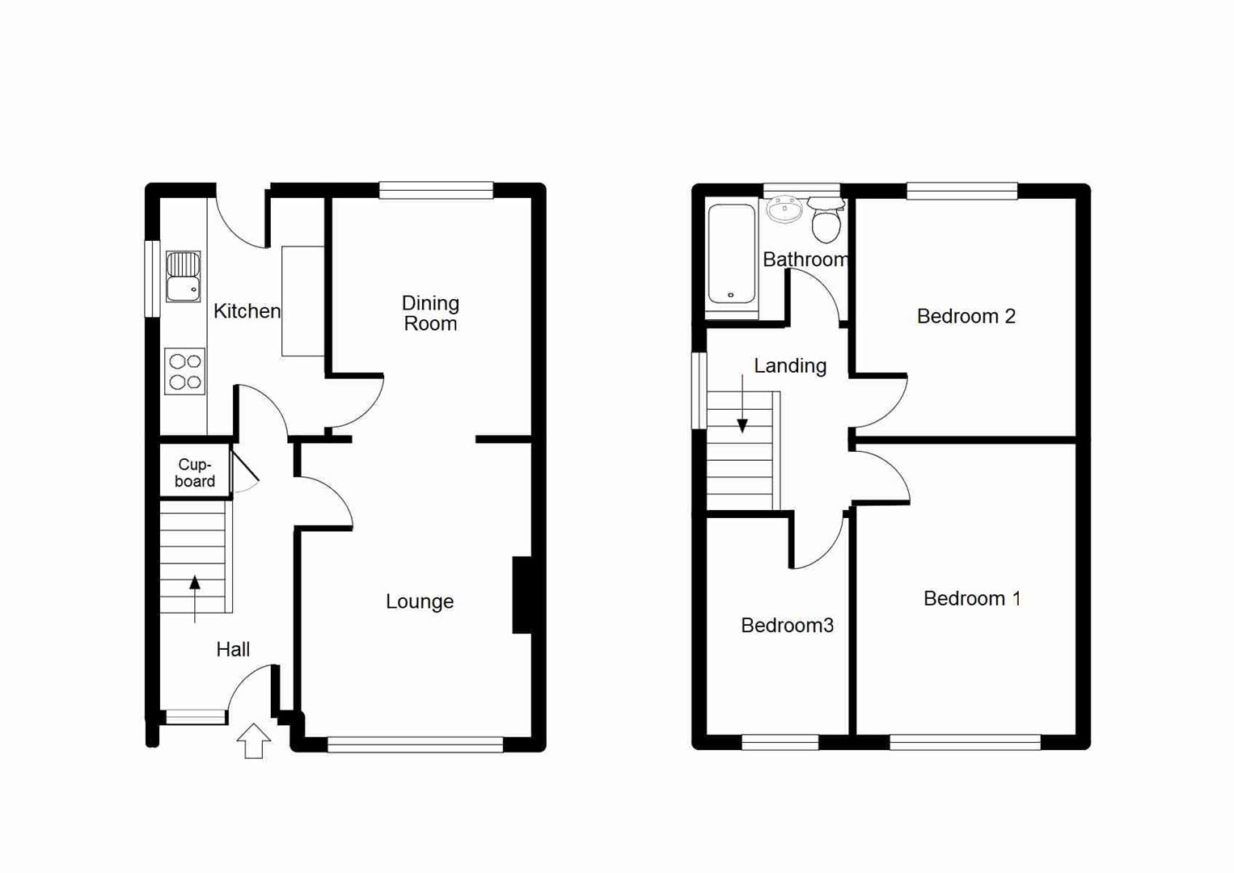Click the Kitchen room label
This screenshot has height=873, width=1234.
(x=247, y=311)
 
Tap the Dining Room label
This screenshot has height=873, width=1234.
(x=430, y=314)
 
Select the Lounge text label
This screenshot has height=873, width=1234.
(x=419, y=601)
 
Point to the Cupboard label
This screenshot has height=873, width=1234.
(x=195, y=473)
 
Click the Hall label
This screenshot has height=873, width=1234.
(x=233, y=649)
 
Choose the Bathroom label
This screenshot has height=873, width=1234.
(x=805, y=259)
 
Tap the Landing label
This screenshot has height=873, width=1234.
(x=790, y=366)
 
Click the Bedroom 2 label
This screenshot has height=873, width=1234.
(x=966, y=316)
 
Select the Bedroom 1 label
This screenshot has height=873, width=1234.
(x=971, y=598)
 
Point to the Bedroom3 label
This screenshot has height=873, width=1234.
(x=787, y=625)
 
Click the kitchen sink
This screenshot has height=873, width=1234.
(x=183, y=276)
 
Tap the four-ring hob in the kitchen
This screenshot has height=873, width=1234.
(x=184, y=372)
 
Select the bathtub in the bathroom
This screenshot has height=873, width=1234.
(x=732, y=253)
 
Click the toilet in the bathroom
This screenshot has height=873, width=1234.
(x=826, y=221)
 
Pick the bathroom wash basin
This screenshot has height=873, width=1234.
(x=784, y=210)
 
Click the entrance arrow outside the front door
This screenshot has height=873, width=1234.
(x=254, y=740)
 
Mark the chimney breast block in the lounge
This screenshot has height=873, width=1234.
(x=522, y=595)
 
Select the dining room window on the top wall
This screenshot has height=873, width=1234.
(x=436, y=191)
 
